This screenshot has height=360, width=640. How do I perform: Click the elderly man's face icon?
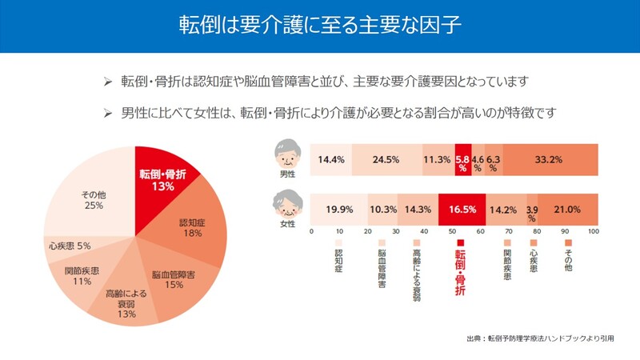coord(286,151)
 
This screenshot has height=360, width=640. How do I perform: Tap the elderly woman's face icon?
coord(286,205)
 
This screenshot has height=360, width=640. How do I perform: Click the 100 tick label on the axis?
coord(594,231)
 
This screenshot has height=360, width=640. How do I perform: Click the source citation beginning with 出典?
coord(539,339)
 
